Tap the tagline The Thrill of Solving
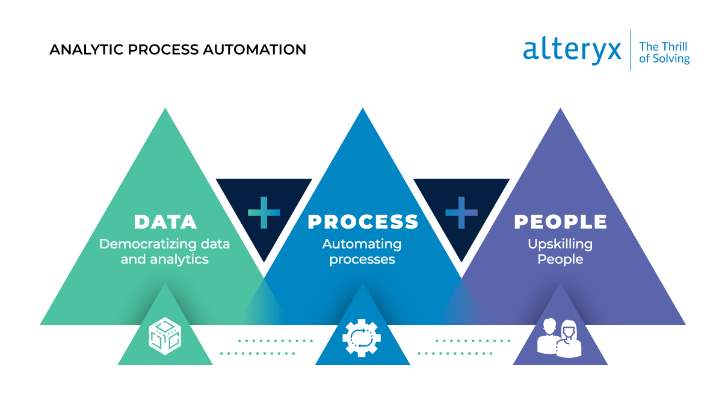664,52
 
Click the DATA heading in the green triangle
165,222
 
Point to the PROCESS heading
363,222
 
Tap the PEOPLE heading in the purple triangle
560,222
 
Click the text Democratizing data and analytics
165,252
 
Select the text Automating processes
362,252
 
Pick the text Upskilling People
560,252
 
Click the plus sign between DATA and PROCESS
264,212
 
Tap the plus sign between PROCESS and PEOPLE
461,212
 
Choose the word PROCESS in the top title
171,49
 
